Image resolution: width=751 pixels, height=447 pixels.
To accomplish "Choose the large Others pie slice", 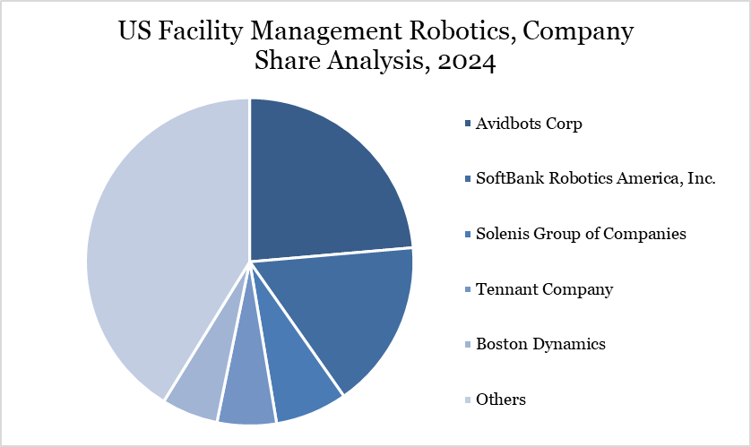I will [x=161, y=242].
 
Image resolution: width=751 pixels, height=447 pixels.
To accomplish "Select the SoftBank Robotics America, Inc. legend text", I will [x=596, y=178].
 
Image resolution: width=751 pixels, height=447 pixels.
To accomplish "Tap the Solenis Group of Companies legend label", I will [x=581, y=234].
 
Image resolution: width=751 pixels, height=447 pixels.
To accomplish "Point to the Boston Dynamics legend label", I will [x=540, y=344].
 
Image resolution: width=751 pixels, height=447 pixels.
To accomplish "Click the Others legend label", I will [x=501, y=400].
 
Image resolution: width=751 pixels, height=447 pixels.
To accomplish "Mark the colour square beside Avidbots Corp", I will [x=468, y=124].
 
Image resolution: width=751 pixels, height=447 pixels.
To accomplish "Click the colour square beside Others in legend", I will [x=468, y=400].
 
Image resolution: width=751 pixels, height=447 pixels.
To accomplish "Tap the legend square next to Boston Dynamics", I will [x=468, y=345].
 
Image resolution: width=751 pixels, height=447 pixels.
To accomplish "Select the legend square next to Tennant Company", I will [x=468, y=289].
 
